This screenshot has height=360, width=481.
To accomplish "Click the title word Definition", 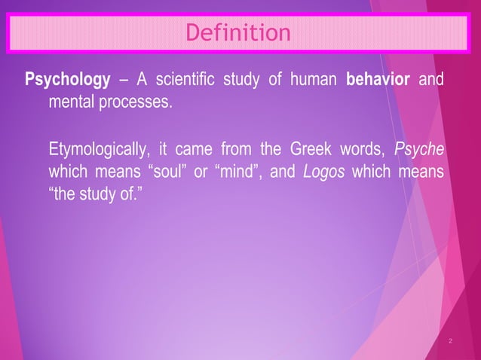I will pos(237,33).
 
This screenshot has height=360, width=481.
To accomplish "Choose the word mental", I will pos(71,100).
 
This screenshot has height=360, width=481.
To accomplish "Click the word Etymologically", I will pos(99,147).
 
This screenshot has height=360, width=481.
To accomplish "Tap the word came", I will pos(194,147).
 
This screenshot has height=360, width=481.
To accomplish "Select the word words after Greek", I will pos(354,146).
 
